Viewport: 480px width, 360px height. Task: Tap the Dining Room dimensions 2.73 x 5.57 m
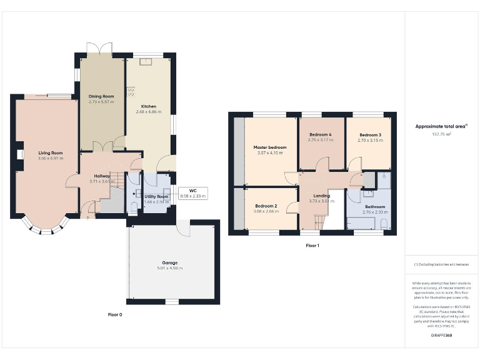tap(101, 101)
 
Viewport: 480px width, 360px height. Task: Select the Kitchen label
tap(149, 106)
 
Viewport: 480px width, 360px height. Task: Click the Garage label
tap(170, 262)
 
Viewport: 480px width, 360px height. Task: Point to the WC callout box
tap(192, 193)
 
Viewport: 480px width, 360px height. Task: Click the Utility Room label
tap(156, 196)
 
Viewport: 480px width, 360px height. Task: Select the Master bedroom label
tap(270, 147)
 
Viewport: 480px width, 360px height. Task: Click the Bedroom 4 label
tap(320, 134)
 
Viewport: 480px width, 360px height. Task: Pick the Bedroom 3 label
tap(369, 134)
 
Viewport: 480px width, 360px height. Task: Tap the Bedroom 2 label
tap(266, 206)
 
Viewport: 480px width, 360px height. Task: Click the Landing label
tap(322, 196)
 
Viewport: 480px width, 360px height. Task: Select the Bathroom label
tap(375, 207)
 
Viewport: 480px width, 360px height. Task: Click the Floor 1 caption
tap(312, 246)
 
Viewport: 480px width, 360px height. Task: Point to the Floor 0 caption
tap(115, 314)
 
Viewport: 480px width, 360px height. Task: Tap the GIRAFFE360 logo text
tap(441, 336)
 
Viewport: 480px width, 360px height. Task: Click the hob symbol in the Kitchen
tap(131, 92)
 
